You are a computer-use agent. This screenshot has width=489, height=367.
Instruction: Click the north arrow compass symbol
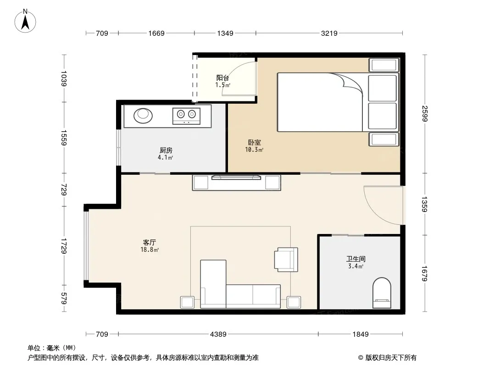pyautogui.click(x=25, y=21)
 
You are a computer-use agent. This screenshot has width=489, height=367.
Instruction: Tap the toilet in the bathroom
pyautogui.click(x=382, y=293)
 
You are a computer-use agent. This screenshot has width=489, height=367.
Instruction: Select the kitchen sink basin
pyautogui.click(x=143, y=115)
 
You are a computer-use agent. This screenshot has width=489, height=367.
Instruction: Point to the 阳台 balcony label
pyautogui.click(x=222, y=78)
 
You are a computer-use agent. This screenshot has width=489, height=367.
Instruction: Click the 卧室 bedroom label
pyautogui.click(x=255, y=142)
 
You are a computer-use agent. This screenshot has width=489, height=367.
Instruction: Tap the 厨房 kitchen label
pyautogui.click(x=166, y=150)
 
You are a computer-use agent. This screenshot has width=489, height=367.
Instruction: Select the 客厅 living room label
pyautogui.click(x=150, y=242)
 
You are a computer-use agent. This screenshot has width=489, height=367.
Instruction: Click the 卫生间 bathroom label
pyautogui.click(x=356, y=259)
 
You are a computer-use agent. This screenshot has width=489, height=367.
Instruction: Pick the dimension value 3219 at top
pyautogui.click(x=329, y=33)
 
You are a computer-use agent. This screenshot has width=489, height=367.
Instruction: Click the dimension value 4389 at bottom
pyautogui.click(x=218, y=334)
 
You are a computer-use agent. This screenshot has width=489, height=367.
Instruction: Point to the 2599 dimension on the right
pyautogui.click(x=425, y=113)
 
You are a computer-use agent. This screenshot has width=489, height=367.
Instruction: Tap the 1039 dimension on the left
pyautogui.click(x=64, y=78)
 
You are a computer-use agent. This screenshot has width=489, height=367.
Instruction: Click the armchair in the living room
pyautogui.click(x=286, y=260)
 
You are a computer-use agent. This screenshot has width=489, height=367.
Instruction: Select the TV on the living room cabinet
pyautogui.click(x=236, y=178)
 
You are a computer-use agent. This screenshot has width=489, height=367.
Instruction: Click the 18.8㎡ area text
pyautogui.click(x=150, y=250)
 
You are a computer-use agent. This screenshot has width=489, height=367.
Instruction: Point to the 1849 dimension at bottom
pyautogui.click(x=361, y=334)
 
